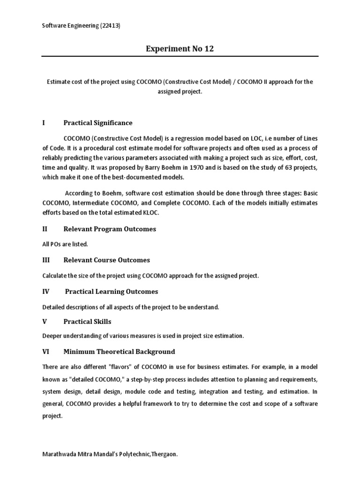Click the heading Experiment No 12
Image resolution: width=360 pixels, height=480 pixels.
click(180, 49)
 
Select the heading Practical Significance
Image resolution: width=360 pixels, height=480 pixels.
click(98, 123)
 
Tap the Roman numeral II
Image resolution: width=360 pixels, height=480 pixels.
click(45, 229)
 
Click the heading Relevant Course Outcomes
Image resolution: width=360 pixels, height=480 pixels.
click(107, 260)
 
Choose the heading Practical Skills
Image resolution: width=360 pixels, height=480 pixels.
click(88, 322)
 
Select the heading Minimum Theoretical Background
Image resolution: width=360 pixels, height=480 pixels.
click(119, 352)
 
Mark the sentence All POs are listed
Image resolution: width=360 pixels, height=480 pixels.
click(65, 244)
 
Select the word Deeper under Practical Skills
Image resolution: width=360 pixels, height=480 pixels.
click(52, 336)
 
